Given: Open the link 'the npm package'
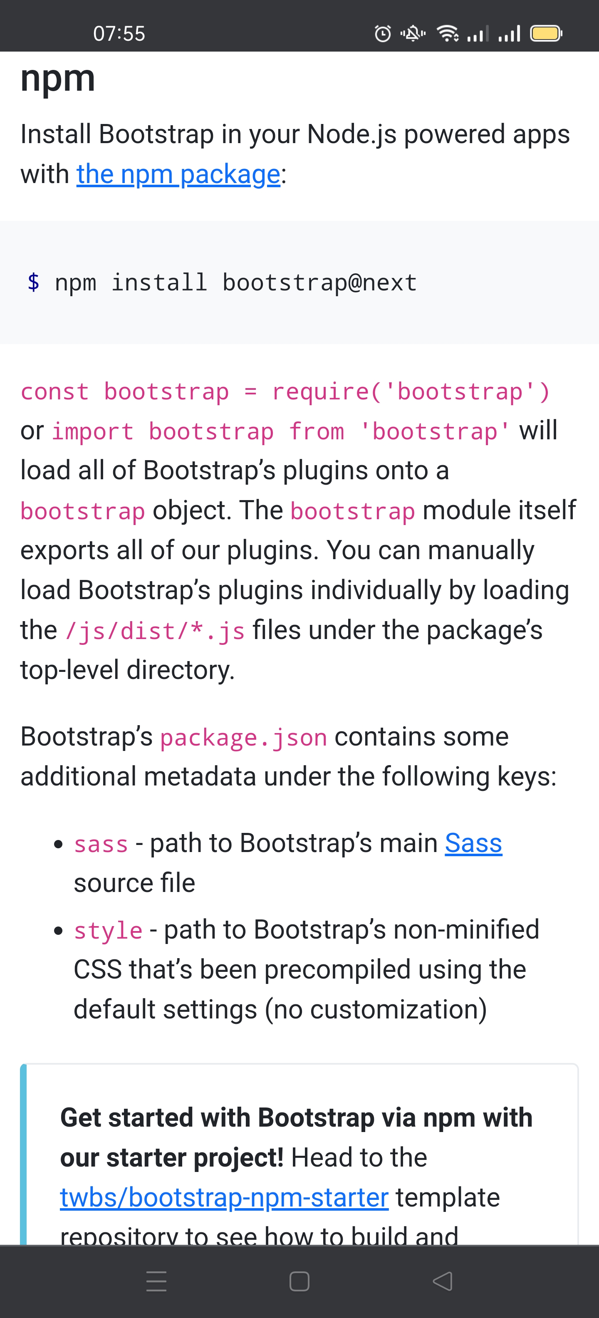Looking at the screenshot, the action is click(x=178, y=174).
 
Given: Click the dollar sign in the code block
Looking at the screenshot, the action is click(x=34, y=282).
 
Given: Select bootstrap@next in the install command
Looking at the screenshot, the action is click(x=320, y=282).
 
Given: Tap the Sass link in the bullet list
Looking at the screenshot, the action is click(x=473, y=843).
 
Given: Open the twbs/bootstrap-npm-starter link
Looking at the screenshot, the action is click(x=224, y=1197).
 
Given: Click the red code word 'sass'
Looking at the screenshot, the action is click(x=101, y=844).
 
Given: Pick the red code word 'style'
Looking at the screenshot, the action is click(x=108, y=930).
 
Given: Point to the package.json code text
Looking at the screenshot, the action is click(x=243, y=738).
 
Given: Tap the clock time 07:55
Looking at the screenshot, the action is click(x=119, y=34).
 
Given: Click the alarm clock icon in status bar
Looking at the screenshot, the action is click(x=383, y=34).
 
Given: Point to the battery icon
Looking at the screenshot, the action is click(x=546, y=34).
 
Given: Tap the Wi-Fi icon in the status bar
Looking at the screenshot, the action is click(x=448, y=34).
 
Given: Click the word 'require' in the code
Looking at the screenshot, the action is click(x=321, y=392).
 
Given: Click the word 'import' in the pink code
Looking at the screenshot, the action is click(x=93, y=432).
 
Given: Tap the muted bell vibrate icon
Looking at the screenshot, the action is click(x=413, y=34).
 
